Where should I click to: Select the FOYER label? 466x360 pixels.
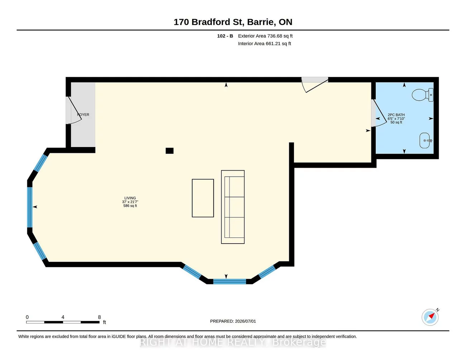[x=83, y=115]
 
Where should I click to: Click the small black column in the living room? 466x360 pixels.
[x=170, y=151]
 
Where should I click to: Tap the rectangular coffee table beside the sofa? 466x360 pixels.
[x=203, y=198]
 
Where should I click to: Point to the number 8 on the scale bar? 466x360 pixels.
[x=99, y=317]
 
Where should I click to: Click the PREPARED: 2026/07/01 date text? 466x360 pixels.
[x=233, y=321]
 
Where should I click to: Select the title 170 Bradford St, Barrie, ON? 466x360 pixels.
[x=233, y=22]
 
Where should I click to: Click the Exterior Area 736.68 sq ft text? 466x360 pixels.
[x=265, y=36]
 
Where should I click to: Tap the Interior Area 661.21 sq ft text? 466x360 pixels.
[x=265, y=44]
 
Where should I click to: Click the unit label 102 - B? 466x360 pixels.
[x=225, y=36]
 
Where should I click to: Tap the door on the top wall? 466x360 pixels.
[x=315, y=85]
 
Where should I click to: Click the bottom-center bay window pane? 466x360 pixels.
[x=229, y=282]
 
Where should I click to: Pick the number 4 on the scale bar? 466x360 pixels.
[x=63, y=317]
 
